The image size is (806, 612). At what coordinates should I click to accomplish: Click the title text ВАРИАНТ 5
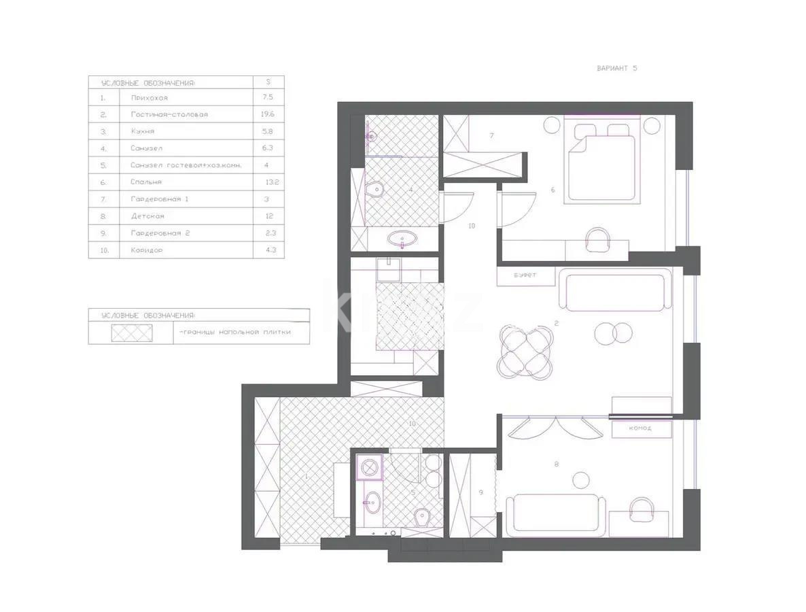click(616, 68)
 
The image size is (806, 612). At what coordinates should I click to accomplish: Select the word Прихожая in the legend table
click(149, 98)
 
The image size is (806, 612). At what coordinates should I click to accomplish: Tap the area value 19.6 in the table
click(267, 114)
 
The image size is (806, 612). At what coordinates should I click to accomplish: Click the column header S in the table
click(268, 82)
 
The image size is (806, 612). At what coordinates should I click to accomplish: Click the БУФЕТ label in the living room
click(525, 275)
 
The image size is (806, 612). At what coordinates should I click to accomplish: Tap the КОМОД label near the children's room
click(640, 428)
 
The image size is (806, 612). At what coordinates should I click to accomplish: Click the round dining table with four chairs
click(523, 351)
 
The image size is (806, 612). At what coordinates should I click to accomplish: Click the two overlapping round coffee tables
click(614, 333)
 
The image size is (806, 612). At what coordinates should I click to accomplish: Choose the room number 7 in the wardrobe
click(491, 136)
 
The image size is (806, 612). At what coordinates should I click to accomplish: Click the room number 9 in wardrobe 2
click(480, 492)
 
